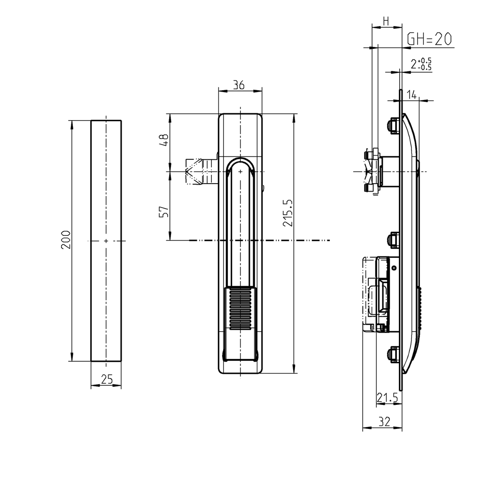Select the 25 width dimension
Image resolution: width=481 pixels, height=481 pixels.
106,380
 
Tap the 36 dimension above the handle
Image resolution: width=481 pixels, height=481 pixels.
239,85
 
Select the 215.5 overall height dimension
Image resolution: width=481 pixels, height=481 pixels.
288,213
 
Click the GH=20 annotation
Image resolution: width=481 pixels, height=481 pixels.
429,39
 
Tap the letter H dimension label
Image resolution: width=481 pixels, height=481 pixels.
386,21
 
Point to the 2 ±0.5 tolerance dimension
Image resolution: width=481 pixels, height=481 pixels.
421,64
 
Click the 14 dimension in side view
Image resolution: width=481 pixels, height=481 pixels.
411,95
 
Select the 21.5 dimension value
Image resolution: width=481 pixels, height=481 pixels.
387,398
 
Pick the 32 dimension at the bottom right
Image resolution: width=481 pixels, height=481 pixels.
384,422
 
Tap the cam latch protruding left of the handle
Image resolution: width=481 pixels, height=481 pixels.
200,172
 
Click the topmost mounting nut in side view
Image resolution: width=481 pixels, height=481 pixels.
392,126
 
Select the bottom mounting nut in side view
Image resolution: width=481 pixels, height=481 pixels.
392,354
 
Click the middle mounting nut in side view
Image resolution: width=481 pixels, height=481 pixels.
392,240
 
